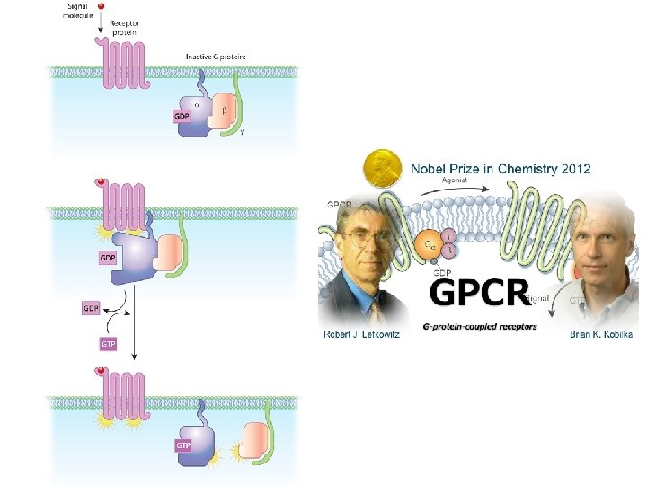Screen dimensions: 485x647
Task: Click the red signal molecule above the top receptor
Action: point(101,5)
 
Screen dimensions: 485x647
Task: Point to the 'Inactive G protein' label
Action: point(217,57)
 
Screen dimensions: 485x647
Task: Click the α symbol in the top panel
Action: point(198,103)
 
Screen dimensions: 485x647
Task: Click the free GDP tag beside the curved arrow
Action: point(91,308)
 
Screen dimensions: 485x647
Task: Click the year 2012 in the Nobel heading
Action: point(571,169)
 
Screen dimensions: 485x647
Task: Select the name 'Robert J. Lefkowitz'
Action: point(360,335)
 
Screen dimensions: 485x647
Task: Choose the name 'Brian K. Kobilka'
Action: point(601,335)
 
